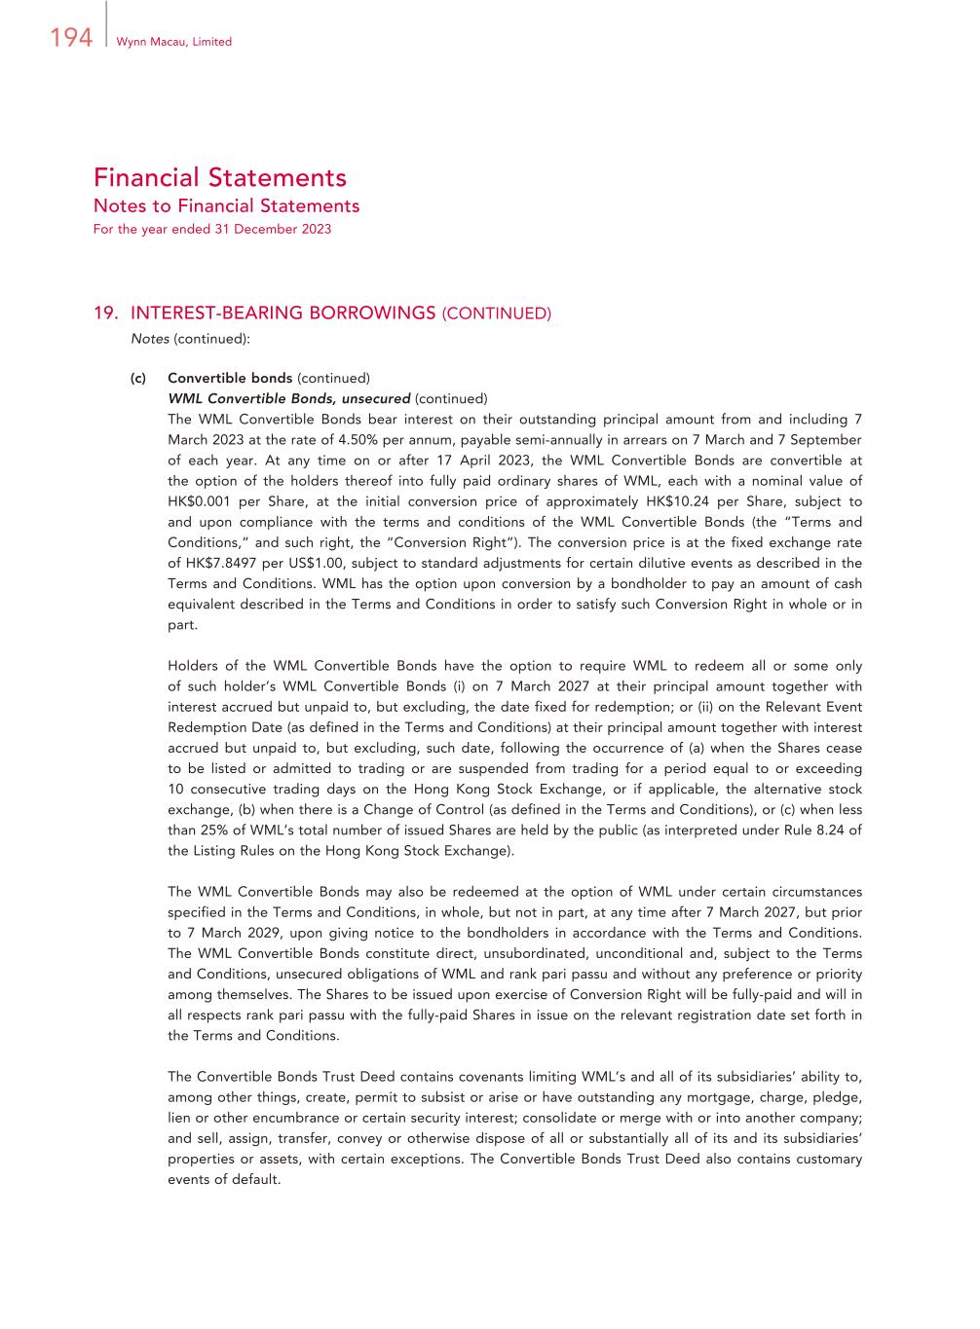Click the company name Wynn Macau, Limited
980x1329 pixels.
point(173,42)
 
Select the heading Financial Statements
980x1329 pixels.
point(220,178)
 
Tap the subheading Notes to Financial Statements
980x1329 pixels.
point(226,206)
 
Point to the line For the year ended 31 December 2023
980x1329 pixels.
point(212,230)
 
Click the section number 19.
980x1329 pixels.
point(105,314)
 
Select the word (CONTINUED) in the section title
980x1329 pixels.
point(497,314)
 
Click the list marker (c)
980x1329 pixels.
point(138,378)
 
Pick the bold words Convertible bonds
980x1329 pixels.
point(230,378)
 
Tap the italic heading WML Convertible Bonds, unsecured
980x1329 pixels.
point(288,398)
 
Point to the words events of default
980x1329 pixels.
point(224,1179)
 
